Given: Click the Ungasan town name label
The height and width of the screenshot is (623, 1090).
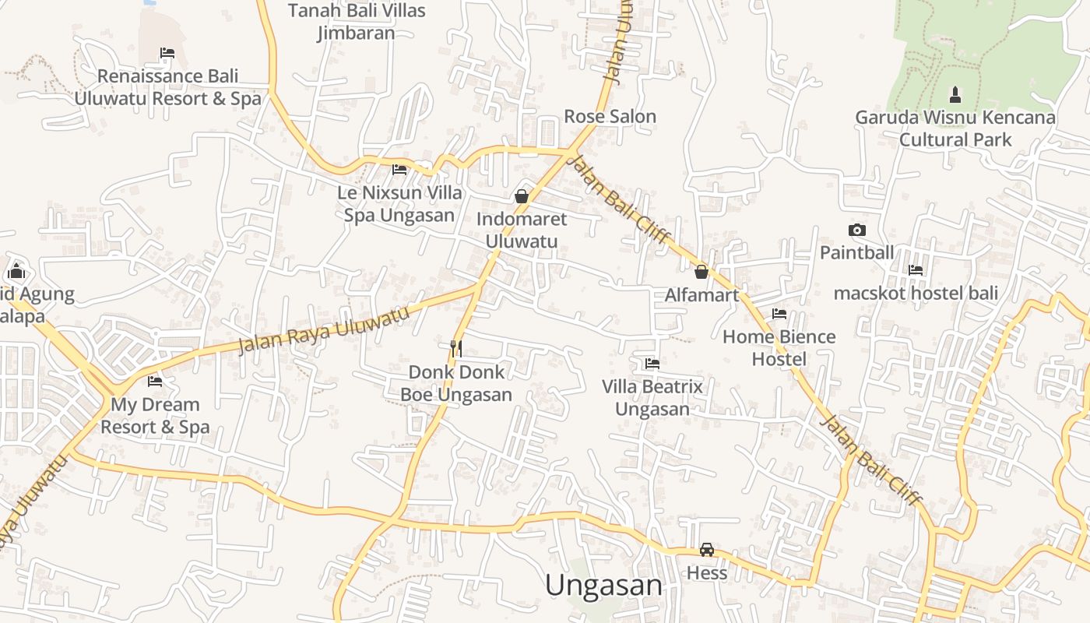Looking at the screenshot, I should [603, 586].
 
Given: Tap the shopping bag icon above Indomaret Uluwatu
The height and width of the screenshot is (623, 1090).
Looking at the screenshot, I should [522, 196].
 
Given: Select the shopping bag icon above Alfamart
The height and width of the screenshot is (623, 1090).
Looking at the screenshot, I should [701, 272].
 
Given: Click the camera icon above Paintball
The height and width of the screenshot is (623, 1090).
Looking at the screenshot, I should [856, 230].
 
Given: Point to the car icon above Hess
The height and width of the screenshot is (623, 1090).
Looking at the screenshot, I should [706, 550].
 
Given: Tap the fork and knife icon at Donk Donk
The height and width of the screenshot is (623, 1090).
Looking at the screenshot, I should [456, 348].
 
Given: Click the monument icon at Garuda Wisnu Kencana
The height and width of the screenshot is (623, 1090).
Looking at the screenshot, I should [955, 95].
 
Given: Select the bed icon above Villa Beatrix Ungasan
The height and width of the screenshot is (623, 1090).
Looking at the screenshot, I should [652, 363].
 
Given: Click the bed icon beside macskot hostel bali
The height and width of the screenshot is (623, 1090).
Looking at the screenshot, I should [916, 270].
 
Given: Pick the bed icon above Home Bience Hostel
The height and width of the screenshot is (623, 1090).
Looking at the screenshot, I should [779, 314].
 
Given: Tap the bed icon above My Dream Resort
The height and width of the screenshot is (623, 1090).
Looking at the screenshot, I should [155, 381].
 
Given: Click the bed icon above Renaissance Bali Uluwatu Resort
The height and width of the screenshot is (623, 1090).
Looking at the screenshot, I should [167, 53].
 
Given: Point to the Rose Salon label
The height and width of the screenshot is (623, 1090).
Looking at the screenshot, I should [610, 117].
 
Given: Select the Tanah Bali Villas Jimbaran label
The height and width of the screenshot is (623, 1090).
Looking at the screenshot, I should [357, 22].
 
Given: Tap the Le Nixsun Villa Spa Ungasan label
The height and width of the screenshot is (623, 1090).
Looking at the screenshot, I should [399, 204].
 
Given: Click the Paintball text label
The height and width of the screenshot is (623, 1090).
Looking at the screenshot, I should [856, 253].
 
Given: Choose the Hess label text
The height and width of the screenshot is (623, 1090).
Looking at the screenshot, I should [706, 574].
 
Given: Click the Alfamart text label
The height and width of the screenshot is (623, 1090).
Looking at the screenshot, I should [701, 295].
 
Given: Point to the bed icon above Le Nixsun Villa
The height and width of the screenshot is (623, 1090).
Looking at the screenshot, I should [399, 169].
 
